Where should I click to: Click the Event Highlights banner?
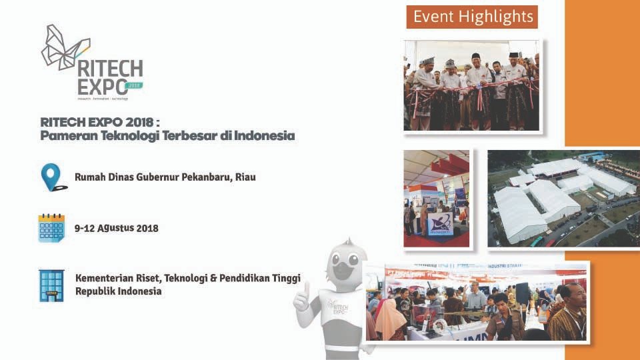coord(473,17)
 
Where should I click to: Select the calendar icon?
coord(51,228)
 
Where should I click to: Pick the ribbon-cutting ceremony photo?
coord(471,85)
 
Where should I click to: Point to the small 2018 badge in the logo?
coord(135,85)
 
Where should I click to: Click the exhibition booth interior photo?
coord(437,198)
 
